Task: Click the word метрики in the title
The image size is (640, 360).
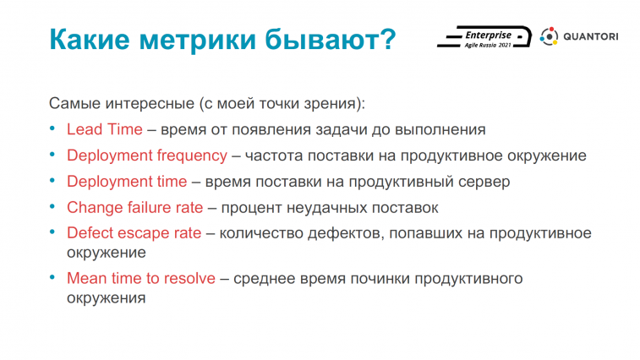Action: [198, 40]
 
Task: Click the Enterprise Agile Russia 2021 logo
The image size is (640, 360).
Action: [484, 37]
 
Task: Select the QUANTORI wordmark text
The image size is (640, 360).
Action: [591, 36]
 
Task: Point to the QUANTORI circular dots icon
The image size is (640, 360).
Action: [549, 36]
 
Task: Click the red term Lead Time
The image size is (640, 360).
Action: [105, 129]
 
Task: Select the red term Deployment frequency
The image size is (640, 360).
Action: [147, 155]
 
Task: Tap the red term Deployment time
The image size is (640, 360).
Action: [127, 182]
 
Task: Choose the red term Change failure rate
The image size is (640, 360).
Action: [134, 207]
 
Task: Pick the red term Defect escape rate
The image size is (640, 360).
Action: [134, 233]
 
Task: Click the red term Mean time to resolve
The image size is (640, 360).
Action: [141, 278]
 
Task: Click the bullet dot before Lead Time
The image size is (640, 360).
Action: [52, 129]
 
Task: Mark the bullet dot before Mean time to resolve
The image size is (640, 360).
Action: [52, 277]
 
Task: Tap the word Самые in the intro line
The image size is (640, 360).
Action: [74, 103]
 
